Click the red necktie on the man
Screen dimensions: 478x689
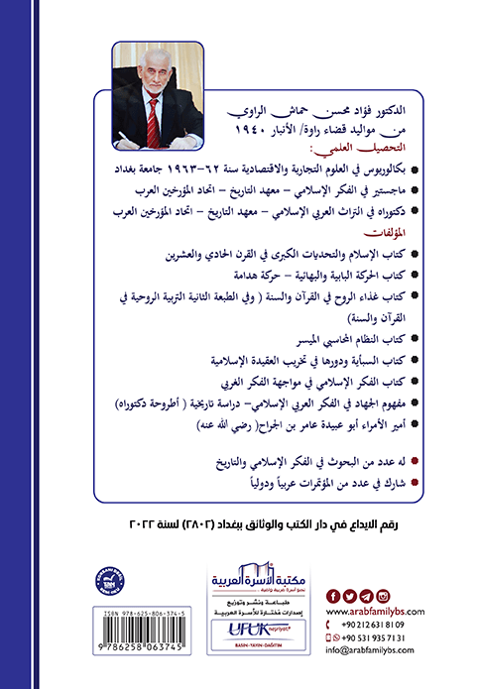click(x=152, y=118)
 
